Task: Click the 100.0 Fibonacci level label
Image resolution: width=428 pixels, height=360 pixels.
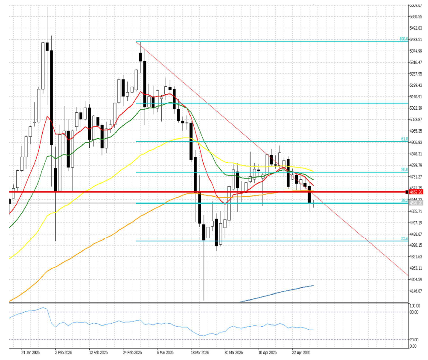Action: tap(404, 39)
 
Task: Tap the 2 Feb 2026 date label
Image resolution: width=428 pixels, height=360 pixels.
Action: tap(63, 353)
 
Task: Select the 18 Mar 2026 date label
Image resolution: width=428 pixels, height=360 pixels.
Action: tap(199, 353)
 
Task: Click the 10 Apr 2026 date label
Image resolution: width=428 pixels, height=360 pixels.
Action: tap(268, 353)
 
